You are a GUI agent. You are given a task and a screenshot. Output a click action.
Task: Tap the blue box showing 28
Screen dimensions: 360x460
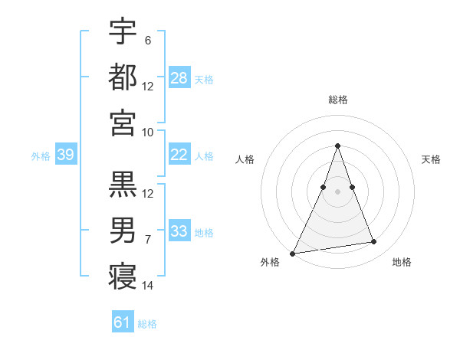coord(179,78)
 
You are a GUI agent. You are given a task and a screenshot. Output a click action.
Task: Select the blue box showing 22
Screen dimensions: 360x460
coord(179,155)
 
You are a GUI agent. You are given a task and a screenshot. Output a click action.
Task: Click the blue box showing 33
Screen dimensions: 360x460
coord(179,231)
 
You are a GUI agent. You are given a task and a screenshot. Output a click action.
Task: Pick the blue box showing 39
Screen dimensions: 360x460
coord(65,155)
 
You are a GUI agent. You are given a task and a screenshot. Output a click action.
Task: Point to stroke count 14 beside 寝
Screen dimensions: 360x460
coord(148,286)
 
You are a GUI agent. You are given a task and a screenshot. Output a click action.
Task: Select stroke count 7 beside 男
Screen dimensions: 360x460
coord(148,240)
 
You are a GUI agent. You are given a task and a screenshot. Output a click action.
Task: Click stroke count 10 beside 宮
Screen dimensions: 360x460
coord(148,132)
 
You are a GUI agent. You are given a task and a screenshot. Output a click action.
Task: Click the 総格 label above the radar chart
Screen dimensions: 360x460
coord(337,100)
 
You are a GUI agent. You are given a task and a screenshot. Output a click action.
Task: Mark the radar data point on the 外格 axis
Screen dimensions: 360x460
coord(292,253)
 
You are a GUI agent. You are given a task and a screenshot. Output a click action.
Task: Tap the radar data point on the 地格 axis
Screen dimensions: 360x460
coord(374,242)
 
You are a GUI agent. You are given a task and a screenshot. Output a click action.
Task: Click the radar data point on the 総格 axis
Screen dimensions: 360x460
coord(337,146)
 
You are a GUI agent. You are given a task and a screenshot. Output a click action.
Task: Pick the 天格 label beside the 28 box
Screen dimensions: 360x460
coord(203,79)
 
